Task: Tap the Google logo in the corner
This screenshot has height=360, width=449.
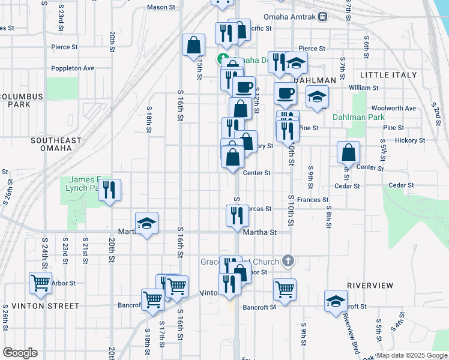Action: tap(20, 353)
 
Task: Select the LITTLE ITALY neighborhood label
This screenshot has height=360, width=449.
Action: tap(388, 75)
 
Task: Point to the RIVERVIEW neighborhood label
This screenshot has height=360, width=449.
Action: tap(370, 285)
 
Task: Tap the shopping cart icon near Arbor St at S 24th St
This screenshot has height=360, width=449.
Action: tap(40, 282)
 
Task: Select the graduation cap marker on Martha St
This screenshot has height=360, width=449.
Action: tap(146, 223)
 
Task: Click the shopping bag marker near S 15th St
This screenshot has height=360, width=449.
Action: tap(194, 45)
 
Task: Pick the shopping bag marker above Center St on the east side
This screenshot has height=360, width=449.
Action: tap(348, 152)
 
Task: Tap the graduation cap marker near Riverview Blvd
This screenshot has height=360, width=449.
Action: tap(336, 301)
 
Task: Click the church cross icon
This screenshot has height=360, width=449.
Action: tap(288, 261)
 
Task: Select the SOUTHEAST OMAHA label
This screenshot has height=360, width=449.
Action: tap(56, 145)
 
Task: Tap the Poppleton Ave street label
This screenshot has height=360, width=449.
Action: tap(73, 68)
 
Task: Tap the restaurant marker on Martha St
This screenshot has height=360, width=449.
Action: tap(237, 215)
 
